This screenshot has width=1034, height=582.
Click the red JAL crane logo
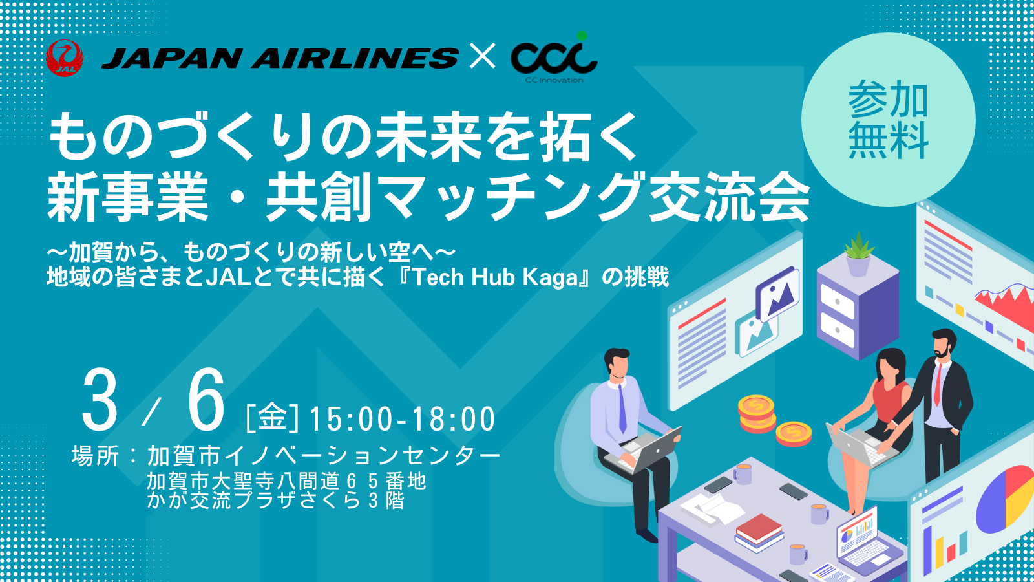[x=65, y=58]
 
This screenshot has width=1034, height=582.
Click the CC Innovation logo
[x=554, y=58]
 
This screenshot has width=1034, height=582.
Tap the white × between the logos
[x=482, y=56]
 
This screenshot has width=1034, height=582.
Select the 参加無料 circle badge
[x=888, y=120]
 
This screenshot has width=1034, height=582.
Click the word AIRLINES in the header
[x=355, y=58]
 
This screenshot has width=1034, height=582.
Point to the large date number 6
[x=206, y=400]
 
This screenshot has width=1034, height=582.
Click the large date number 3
[x=99, y=400]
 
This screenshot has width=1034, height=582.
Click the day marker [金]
[x=272, y=418]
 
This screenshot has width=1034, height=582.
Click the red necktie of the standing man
[x=938, y=384]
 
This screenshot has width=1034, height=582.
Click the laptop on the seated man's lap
[x=644, y=451]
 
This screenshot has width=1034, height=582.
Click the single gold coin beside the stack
[x=793, y=434]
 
